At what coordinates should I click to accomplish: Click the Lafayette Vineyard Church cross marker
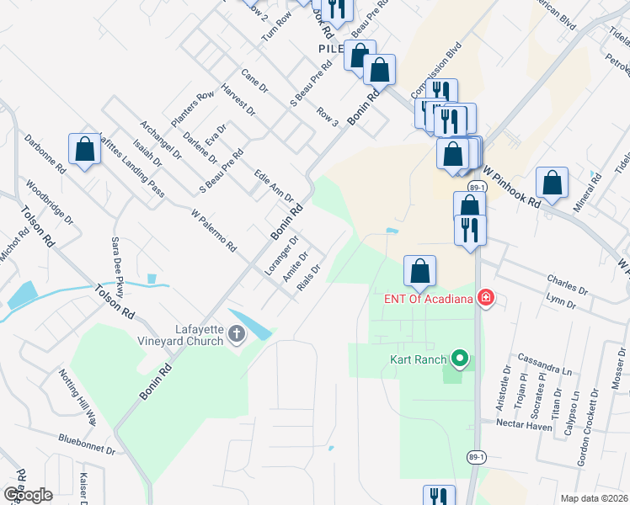tap(237, 335)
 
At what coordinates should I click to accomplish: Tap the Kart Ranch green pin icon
tap(459, 359)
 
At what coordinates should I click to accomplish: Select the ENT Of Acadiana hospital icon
tap(485, 297)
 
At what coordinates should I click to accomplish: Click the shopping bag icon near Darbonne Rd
tap(84, 149)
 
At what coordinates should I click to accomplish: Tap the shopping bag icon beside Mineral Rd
tap(552, 182)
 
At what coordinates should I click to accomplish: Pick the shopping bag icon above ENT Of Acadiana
tap(419, 270)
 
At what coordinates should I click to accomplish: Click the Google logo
tap(27, 495)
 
